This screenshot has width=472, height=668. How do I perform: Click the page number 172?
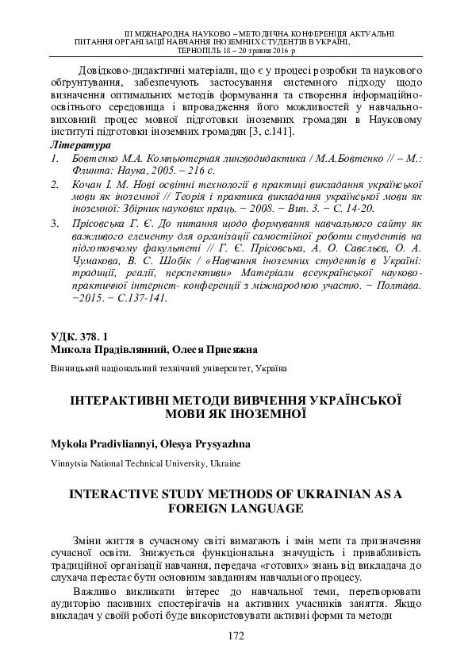tap(235, 635)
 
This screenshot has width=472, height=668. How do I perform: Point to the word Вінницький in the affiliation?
tap(75, 368)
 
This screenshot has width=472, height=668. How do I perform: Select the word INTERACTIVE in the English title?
tap(116, 493)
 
